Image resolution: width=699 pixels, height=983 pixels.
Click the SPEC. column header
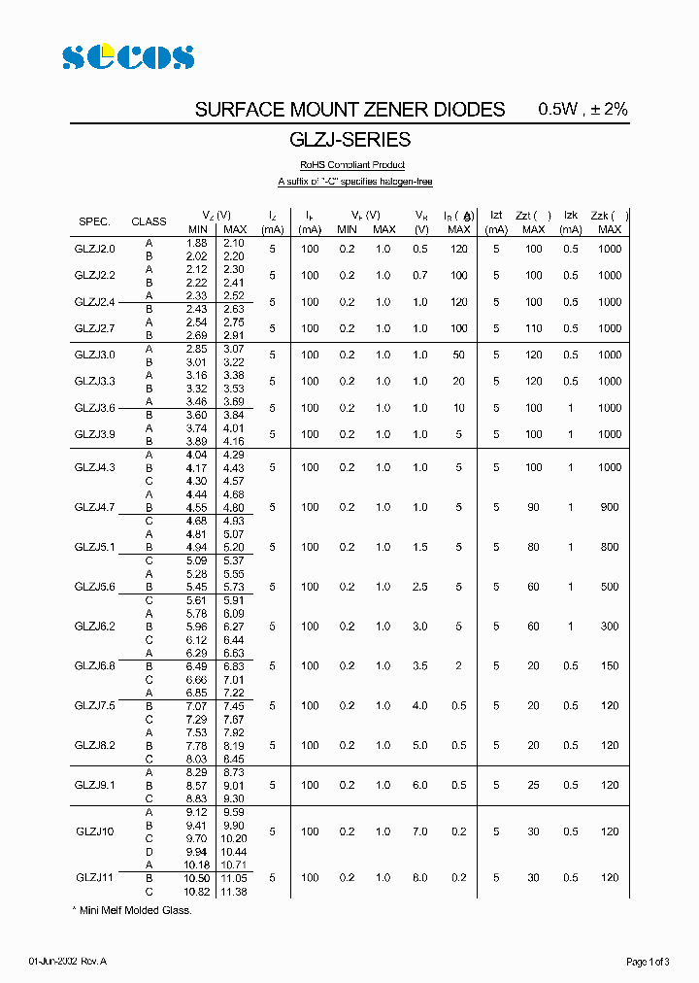pos(94,221)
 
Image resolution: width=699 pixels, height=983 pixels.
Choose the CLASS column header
pos(149,221)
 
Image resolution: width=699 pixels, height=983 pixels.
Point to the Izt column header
pos(496,215)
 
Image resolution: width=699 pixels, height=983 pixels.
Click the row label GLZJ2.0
pos(94,249)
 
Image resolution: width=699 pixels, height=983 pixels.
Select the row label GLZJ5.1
pos(94,547)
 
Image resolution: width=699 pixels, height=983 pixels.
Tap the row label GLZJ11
pos(94,877)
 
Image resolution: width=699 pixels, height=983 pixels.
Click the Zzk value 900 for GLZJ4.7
pos(609,507)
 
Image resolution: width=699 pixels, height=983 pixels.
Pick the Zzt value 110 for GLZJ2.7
pos(533,328)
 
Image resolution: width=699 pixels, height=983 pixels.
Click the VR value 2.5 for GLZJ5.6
pos(419,587)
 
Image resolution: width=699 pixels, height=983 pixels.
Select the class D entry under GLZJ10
pos(149,851)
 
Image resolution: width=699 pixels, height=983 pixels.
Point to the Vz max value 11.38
pos(233,891)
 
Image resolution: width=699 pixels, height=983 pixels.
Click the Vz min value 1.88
pos(196,242)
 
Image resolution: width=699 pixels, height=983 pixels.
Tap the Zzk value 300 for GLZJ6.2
pos(609,627)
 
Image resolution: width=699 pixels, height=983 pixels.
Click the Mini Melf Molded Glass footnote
pos(133,910)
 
